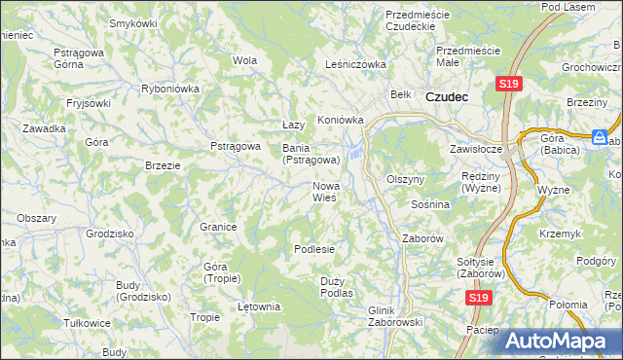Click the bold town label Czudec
tap(447, 96)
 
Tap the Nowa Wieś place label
tap(324, 191)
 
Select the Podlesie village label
tap(314, 249)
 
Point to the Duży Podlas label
tap(336, 286)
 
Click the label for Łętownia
tap(259, 307)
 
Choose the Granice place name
tap(219, 227)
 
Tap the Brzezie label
tap(163, 165)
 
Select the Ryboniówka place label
tap(170, 88)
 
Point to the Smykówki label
tap(133, 22)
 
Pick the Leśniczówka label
tap(355, 65)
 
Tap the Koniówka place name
tap(341, 121)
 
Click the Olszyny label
tap(406, 180)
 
